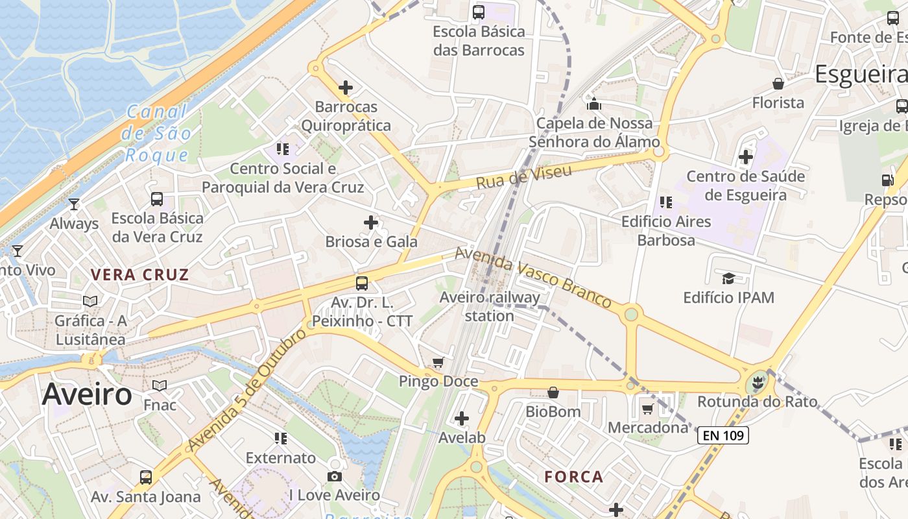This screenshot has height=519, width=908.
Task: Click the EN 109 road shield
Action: pos(723,435)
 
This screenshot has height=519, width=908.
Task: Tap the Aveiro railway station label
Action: pos(490,307)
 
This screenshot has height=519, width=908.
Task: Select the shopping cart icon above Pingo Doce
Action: pos(438,362)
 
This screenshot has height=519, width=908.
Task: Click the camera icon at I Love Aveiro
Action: pos(335,477)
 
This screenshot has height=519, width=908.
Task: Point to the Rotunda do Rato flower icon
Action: pos(756,382)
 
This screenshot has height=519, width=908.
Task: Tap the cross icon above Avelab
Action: pos(462,418)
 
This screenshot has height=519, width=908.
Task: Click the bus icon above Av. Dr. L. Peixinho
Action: pos(362,284)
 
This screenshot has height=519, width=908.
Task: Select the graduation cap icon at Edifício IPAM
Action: pos(728,279)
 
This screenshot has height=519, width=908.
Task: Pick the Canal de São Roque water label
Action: pos(157,134)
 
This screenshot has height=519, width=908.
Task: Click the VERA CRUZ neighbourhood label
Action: pos(140,274)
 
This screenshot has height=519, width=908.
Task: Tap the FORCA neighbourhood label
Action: pos(574,477)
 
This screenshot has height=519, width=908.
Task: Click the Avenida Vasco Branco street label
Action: pos(533,277)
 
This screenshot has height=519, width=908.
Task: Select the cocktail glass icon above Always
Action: pos(74,204)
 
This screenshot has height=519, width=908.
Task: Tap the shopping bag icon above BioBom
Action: pos(553,392)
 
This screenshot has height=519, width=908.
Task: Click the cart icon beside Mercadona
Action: pos(647,409)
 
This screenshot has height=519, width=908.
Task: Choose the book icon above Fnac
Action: pos(160,386)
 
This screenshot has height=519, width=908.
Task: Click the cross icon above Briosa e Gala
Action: pos(371,223)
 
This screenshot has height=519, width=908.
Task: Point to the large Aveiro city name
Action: pos(87,394)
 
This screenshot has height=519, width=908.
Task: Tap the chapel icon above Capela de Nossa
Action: pos(594,104)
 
